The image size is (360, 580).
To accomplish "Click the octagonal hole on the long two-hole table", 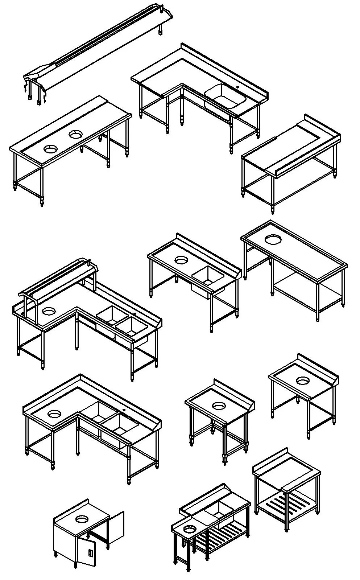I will (x=75, y=135).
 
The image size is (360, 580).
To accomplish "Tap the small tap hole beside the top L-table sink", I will (x=238, y=87).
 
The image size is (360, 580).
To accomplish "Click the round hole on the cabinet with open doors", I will (x=82, y=519).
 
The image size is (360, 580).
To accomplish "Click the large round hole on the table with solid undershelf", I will (x=273, y=239).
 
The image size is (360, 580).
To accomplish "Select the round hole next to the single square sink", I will (x=181, y=260).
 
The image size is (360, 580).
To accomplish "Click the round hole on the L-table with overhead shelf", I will (x=49, y=311).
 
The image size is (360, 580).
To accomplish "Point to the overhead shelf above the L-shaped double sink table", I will (x=58, y=279).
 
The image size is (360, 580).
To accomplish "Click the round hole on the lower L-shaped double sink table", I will (x=54, y=413).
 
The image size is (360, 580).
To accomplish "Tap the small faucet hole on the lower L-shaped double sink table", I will (x=124, y=410).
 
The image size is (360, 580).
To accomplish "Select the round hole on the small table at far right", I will (x=302, y=381).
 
